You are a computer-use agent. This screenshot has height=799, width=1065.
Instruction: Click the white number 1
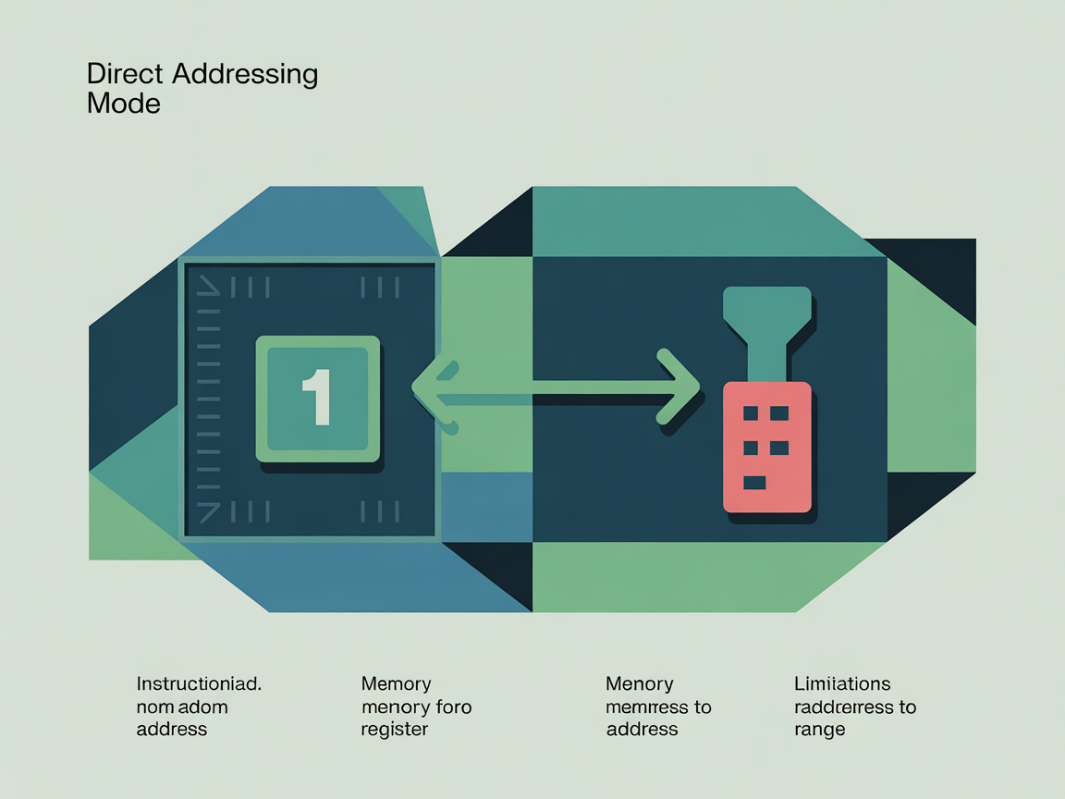pyautogui.click(x=317, y=397)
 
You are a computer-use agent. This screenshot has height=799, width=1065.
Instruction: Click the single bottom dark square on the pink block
pyautogui.click(x=754, y=482)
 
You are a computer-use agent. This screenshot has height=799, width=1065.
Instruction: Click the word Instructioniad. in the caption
pyautogui.click(x=199, y=684)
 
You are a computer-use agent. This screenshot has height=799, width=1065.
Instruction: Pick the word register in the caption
pyautogui.click(x=395, y=729)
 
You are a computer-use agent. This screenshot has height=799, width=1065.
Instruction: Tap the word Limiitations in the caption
pyautogui.click(x=842, y=684)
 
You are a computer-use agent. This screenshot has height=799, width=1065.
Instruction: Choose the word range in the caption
pyautogui.click(x=819, y=730)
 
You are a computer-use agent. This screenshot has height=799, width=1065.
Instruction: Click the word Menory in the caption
pyautogui.click(x=640, y=684)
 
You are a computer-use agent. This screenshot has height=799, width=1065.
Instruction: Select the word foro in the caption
pyautogui.click(x=453, y=707)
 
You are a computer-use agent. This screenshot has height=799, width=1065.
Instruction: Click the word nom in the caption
pyautogui.click(x=154, y=707)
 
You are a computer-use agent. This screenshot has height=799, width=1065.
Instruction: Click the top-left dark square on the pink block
pyautogui.click(x=750, y=412)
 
